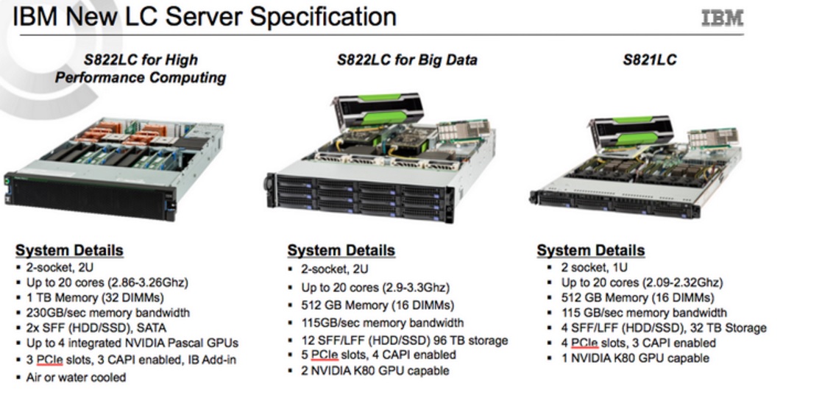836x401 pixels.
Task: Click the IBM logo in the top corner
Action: point(722,18)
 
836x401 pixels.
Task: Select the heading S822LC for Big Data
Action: point(406,60)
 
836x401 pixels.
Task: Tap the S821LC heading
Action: point(649,60)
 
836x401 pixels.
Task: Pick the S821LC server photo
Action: point(634,166)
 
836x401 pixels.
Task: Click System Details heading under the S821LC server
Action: point(590,250)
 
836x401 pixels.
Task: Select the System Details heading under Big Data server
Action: point(341,250)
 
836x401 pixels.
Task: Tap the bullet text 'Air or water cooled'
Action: point(76,377)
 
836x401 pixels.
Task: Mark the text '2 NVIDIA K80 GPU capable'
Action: point(375,370)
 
